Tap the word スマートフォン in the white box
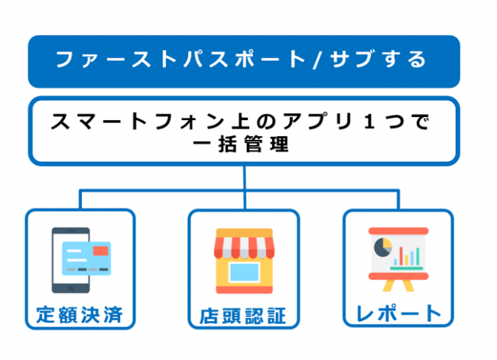115,122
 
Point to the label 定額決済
80,314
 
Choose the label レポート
398,313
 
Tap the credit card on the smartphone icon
86,258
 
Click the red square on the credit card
99,251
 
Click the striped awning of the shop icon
244,244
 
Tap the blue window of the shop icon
245,271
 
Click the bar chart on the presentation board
408,255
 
